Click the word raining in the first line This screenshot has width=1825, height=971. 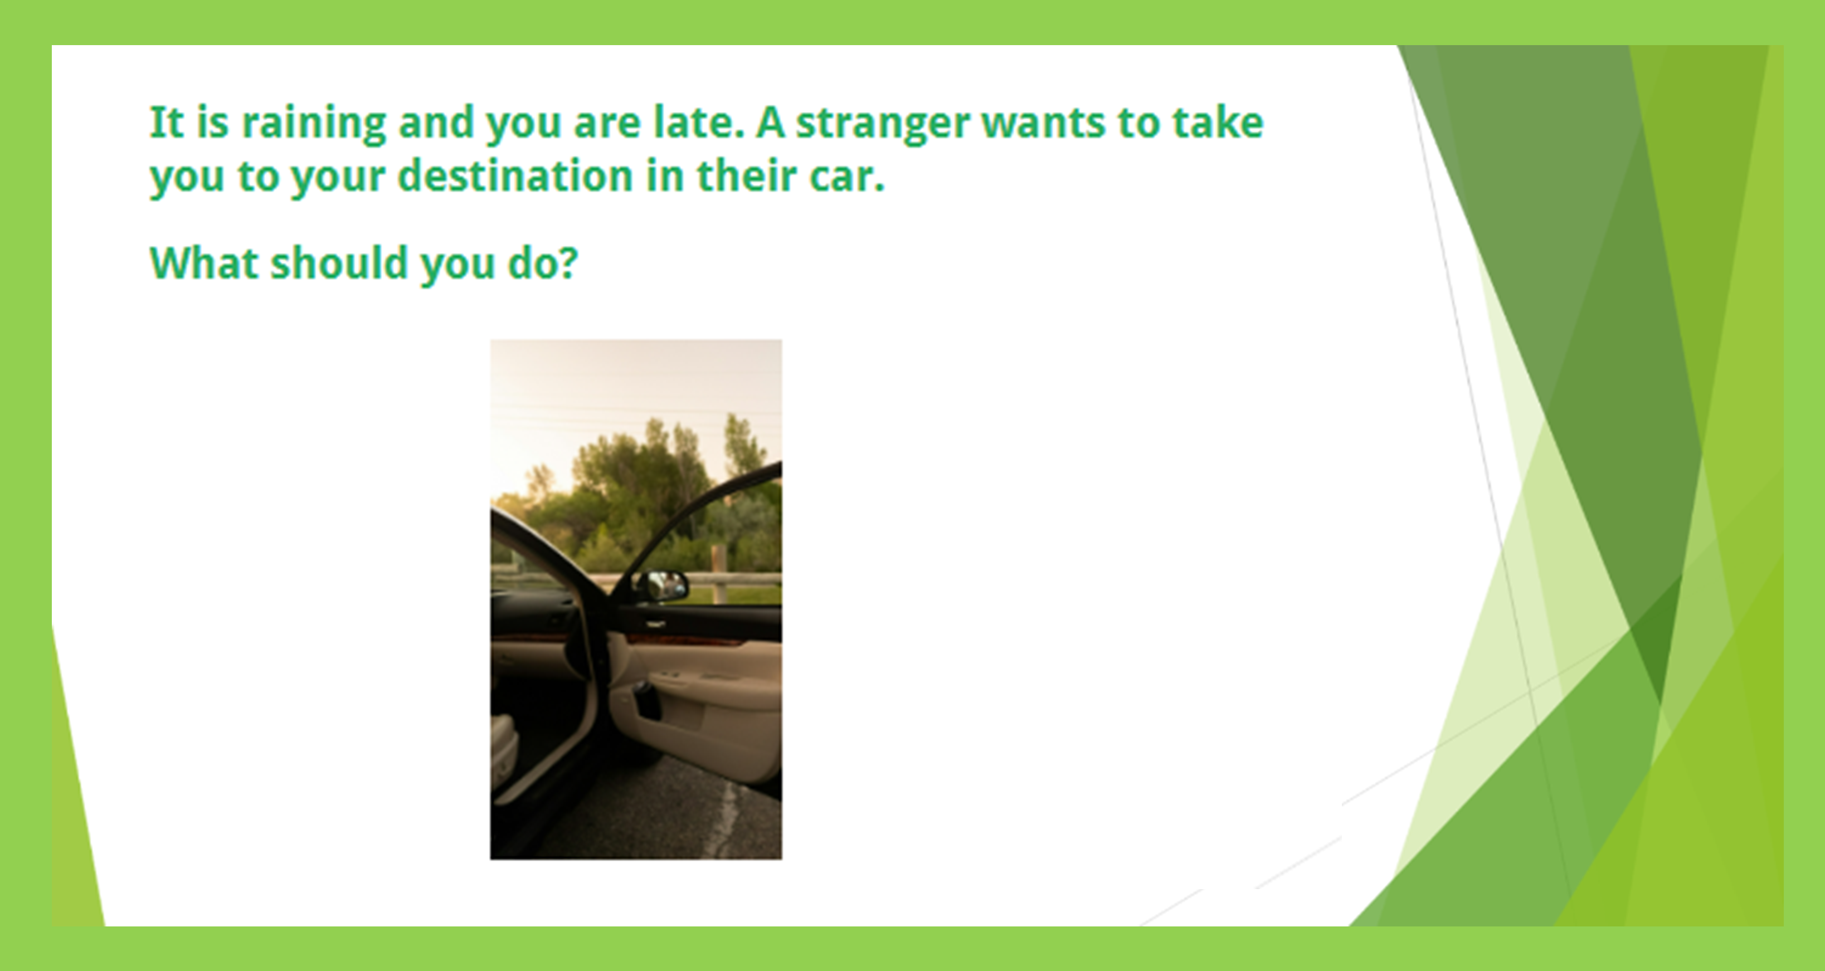point(314,124)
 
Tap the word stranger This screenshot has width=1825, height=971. point(883,124)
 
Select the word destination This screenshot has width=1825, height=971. point(515,175)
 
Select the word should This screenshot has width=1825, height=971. point(339,263)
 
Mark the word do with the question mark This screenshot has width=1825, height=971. point(543,263)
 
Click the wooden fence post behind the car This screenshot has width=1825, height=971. point(718,574)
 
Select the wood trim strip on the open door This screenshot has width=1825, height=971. point(684,640)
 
